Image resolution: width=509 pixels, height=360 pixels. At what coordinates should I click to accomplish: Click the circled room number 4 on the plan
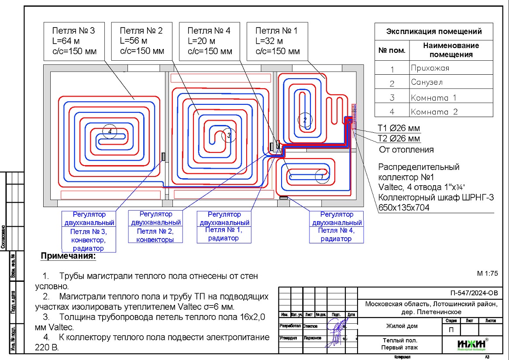point(110,131)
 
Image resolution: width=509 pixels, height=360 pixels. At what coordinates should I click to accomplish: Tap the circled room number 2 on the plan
point(305,119)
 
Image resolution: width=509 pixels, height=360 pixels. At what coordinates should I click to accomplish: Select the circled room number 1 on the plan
point(321,177)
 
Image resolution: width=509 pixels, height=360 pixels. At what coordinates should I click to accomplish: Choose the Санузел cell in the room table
point(427,82)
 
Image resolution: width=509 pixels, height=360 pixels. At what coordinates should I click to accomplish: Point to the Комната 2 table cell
point(434,111)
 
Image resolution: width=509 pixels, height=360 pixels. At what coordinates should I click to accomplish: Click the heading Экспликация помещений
point(434,31)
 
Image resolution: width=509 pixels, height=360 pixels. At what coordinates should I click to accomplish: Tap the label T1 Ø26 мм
point(399,129)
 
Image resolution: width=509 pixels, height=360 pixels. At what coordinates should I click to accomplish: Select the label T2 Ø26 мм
point(399,138)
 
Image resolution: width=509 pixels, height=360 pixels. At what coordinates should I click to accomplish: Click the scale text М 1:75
point(487,273)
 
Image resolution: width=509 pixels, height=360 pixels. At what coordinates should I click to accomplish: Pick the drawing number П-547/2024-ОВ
point(473,293)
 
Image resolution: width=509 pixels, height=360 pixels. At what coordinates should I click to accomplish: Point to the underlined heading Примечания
point(68,256)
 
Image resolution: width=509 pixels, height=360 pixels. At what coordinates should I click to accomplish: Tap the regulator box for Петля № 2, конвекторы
point(155,226)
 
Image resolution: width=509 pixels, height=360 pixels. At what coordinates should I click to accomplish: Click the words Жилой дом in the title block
point(402,326)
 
